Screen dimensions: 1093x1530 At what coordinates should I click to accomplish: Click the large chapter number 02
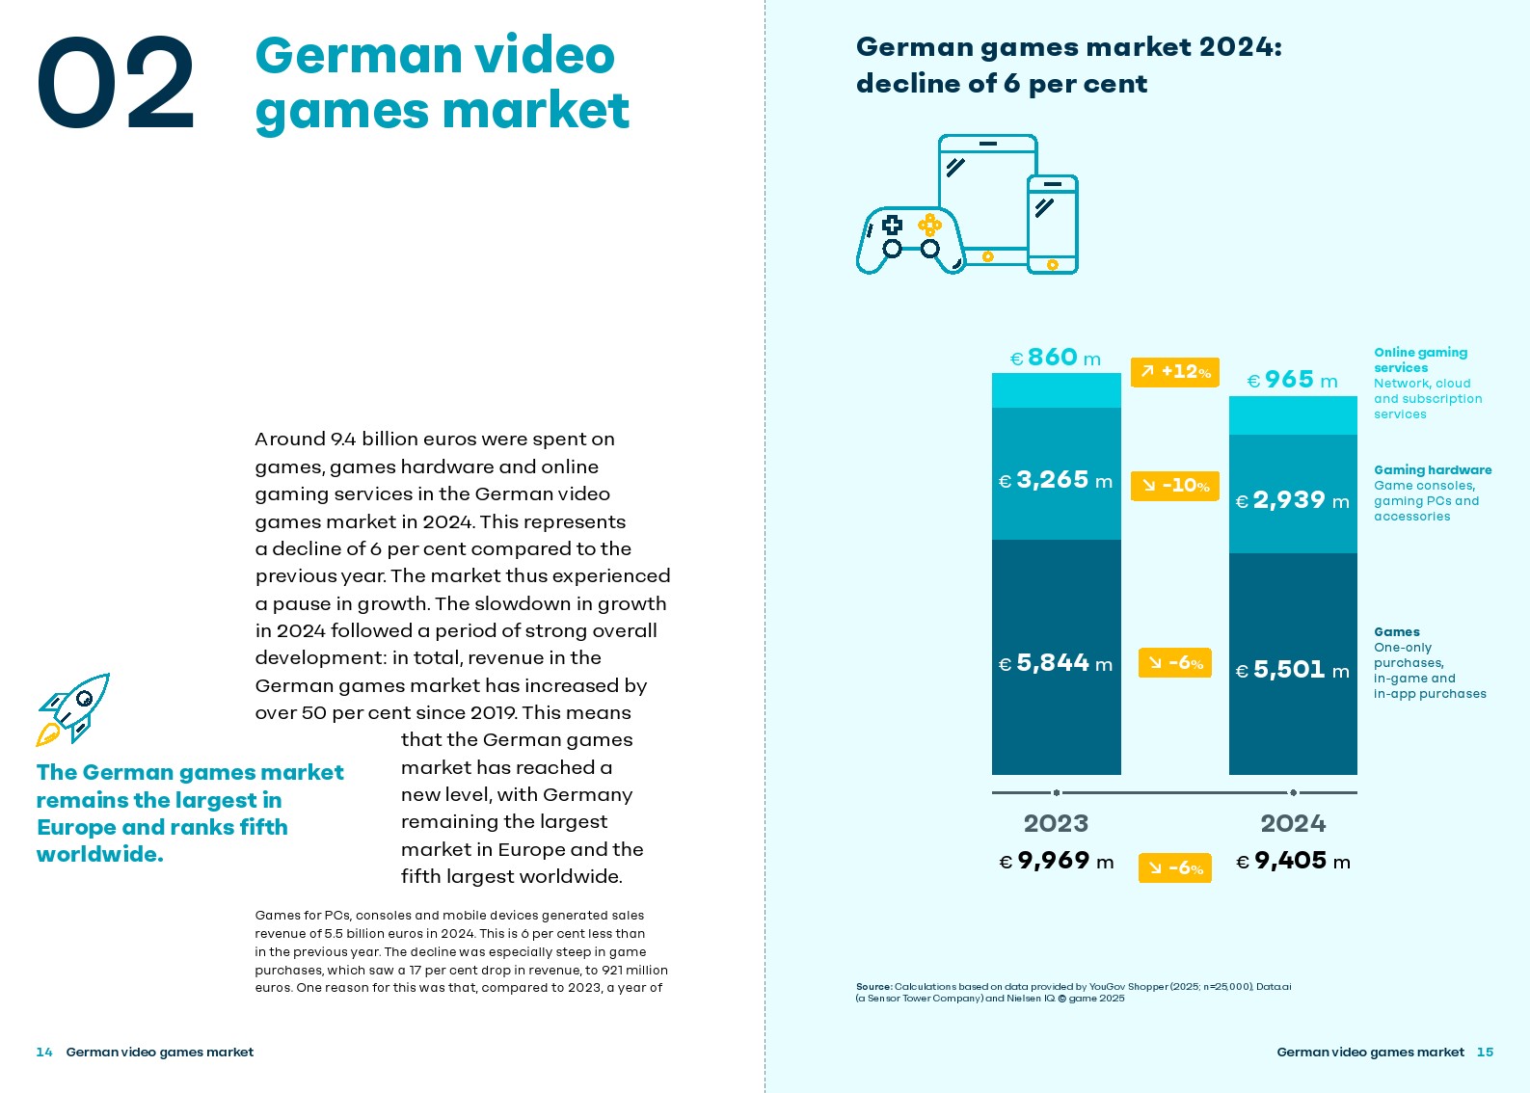click(116, 83)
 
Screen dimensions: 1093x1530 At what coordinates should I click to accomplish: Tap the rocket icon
click(73, 708)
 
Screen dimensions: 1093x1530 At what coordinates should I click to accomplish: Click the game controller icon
click(909, 241)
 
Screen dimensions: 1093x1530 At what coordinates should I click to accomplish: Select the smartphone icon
click(1052, 225)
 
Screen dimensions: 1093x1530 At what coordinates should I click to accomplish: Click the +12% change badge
click(1174, 372)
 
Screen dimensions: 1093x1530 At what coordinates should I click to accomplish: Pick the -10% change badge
click(1174, 486)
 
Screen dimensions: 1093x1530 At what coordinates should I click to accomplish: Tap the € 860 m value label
click(1055, 358)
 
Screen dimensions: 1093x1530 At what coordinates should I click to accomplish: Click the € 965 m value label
click(1292, 380)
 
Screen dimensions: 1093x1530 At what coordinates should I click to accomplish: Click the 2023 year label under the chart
click(1056, 823)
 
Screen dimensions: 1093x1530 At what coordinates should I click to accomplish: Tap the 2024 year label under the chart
click(1293, 823)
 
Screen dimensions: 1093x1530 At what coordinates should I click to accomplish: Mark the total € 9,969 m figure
click(1056, 861)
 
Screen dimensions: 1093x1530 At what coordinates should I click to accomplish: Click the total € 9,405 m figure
click(1293, 861)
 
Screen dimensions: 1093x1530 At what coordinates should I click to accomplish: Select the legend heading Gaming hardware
click(1433, 470)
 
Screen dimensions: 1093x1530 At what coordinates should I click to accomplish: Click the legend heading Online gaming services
click(1420, 360)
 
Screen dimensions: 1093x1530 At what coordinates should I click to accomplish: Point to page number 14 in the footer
click(44, 1052)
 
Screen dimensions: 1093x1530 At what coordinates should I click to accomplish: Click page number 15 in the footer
click(1485, 1052)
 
